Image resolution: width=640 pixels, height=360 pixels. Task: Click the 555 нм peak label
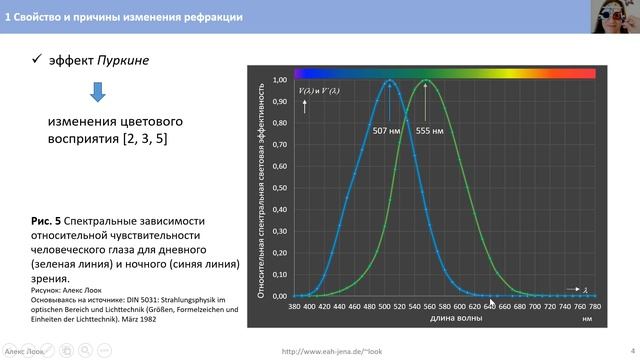pos(432,130)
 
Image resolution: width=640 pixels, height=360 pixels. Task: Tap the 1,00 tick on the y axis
pos(281,80)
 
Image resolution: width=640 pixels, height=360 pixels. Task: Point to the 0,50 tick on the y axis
pos(281,188)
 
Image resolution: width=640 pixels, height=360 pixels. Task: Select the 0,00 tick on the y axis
pos(281,296)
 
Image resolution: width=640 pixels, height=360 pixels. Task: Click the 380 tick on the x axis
pos(294,307)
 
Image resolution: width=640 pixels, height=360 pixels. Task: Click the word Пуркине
pos(122,61)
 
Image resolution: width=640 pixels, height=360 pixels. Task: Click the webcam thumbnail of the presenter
pos(619,14)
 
